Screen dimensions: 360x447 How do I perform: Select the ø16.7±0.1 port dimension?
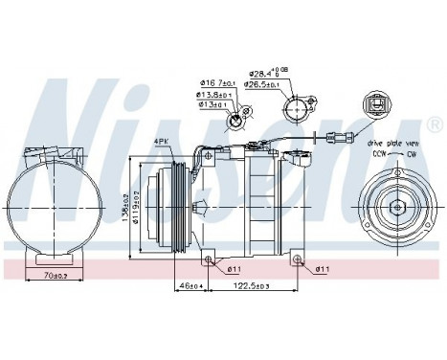click(217, 83)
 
